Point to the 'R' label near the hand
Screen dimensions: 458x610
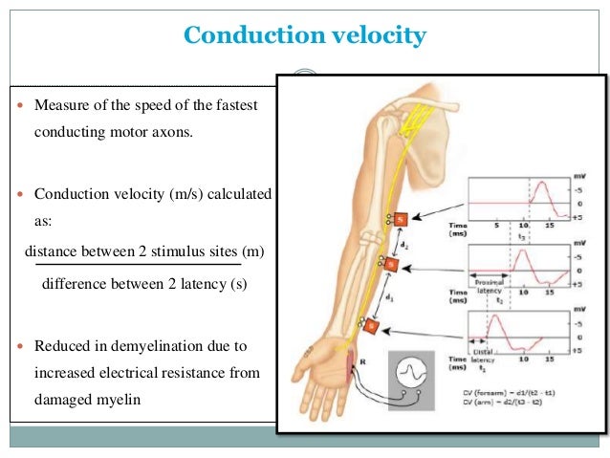pyautogui.click(x=361, y=362)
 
